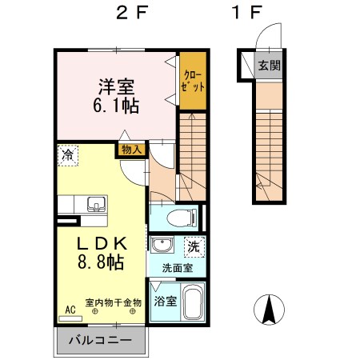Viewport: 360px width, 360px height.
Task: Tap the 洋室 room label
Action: pyautogui.click(x=116, y=84)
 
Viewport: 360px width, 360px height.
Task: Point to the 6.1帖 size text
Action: pyautogui.click(x=117, y=104)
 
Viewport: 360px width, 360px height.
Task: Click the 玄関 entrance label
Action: pyautogui.click(x=269, y=66)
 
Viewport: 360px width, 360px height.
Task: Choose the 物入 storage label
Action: pyautogui.click(x=131, y=150)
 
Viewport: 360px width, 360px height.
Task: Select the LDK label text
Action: pyautogui.click(x=99, y=242)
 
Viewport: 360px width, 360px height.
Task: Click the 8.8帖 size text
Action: pyautogui.click(x=99, y=262)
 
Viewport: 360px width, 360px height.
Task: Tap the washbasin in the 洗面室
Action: pyautogui.click(x=162, y=246)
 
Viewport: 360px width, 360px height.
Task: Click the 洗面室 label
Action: pyautogui.click(x=176, y=268)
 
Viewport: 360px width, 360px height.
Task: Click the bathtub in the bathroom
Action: pyautogui.click(x=193, y=302)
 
